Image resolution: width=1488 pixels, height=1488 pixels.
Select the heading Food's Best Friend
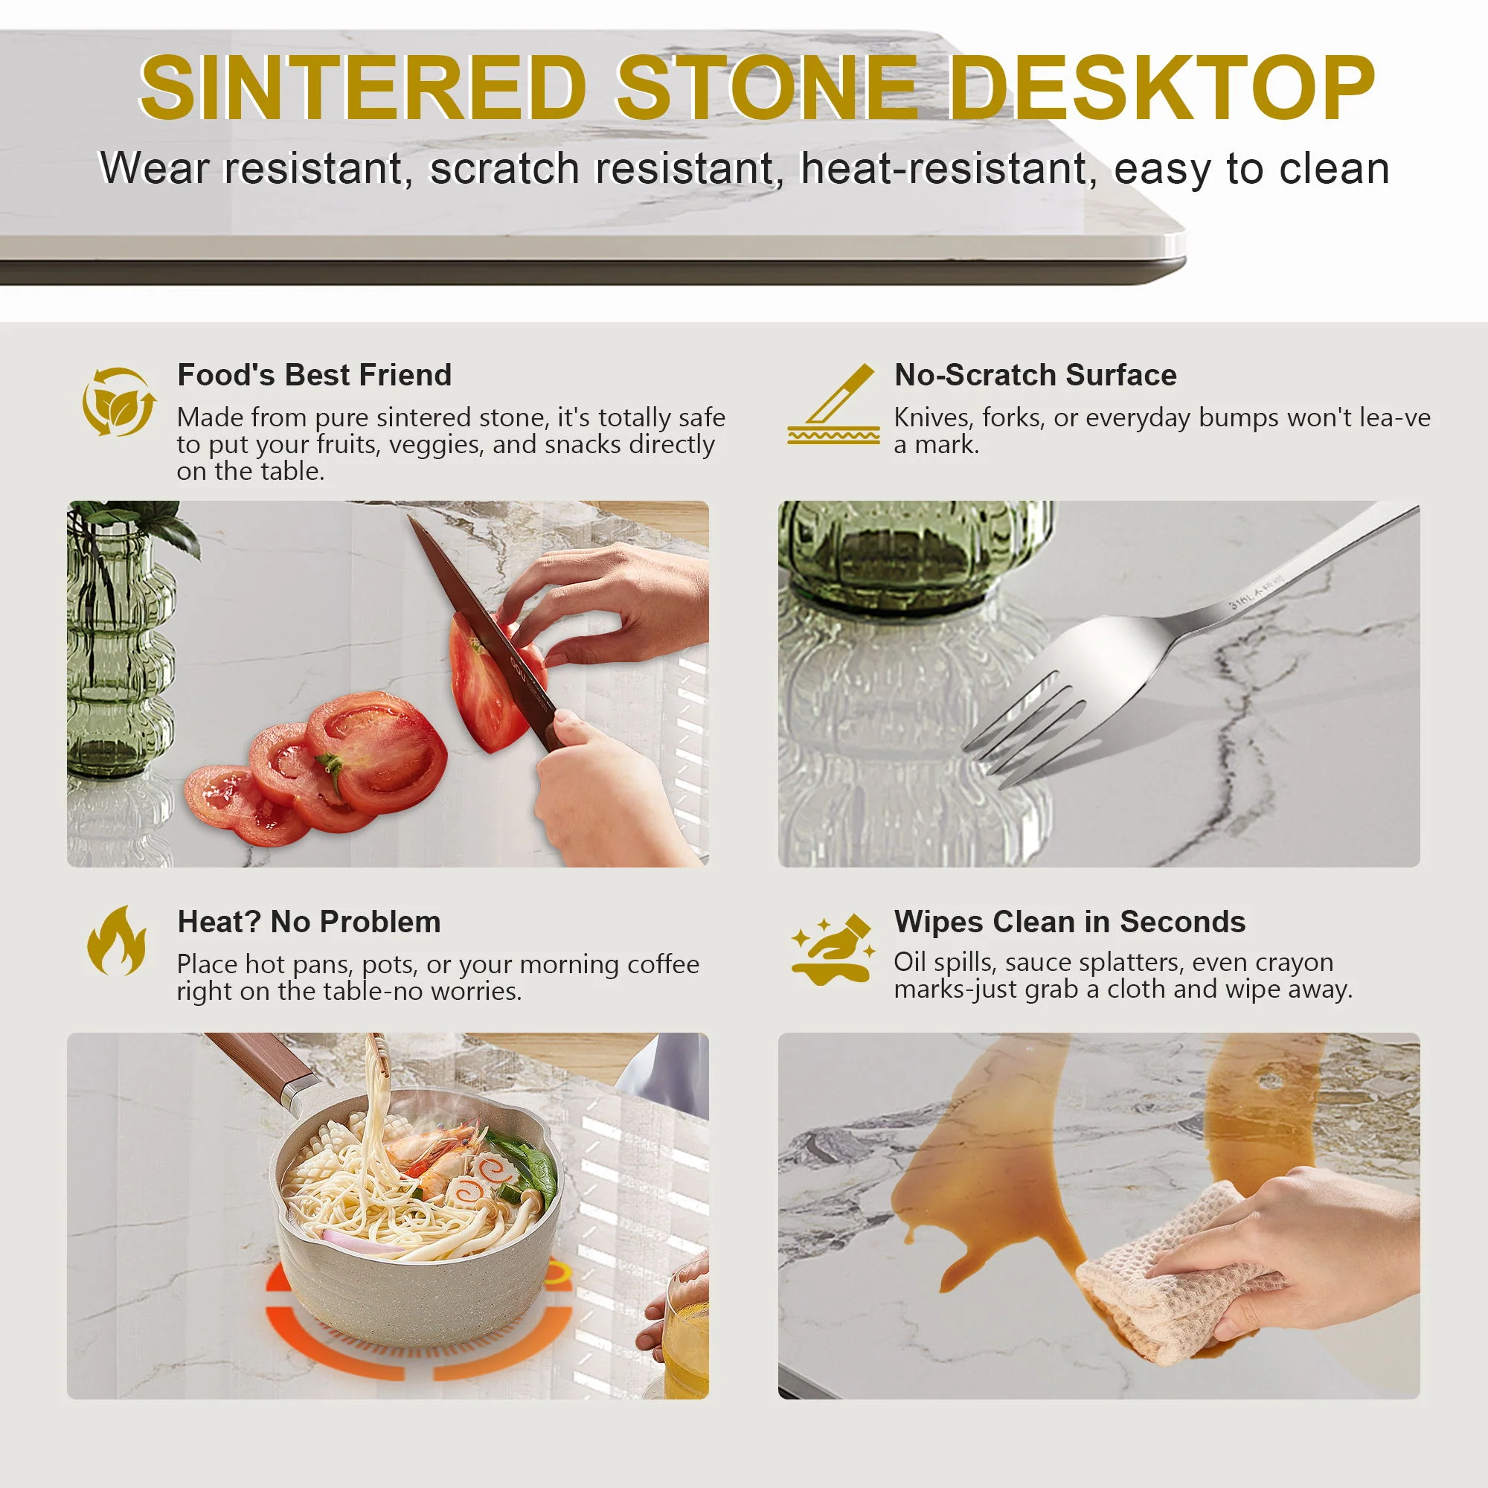[314, 375]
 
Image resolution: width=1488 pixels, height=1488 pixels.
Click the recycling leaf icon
[118, 402]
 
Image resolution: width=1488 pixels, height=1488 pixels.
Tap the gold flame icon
[117, 940]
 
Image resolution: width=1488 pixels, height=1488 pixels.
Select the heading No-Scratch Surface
[1035, 375]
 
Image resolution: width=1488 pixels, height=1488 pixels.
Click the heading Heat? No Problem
[309, 922]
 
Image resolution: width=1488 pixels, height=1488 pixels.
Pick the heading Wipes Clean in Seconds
[1069, 922]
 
